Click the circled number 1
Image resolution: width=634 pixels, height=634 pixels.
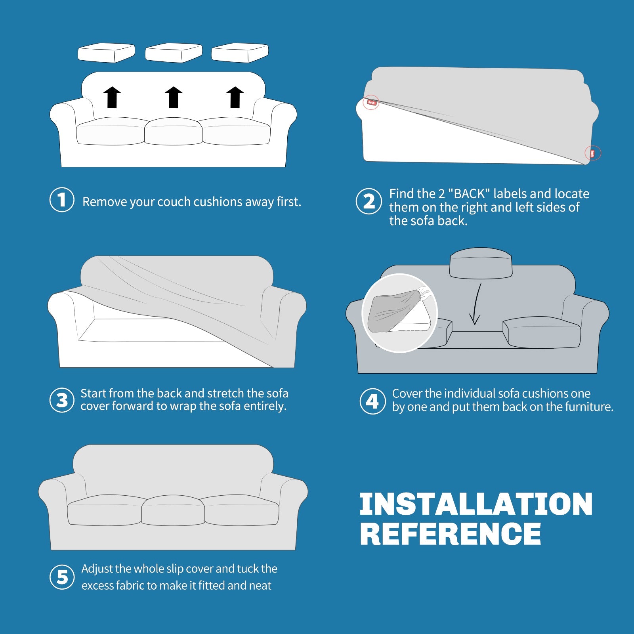[x=62, y=200]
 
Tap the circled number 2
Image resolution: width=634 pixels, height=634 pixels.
[x=369, y=201]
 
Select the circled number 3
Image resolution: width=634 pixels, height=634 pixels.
[x=62, y=400]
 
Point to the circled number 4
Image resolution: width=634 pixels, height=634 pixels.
[x=372, y=401]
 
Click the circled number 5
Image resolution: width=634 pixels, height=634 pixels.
[x=62, y=577]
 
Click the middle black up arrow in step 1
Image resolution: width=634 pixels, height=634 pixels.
[x=174, y=97]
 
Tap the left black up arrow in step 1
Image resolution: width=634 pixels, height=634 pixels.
[x=112, y=97]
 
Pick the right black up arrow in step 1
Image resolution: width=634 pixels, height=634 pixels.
[x=235, y=97]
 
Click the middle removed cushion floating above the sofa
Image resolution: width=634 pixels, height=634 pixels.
[x=174, y=53]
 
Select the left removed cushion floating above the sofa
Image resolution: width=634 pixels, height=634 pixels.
[x=106, y=53]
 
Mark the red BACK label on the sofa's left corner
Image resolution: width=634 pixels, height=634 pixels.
[x=371, y=102]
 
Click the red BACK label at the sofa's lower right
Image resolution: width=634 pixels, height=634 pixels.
[x=592, y=153]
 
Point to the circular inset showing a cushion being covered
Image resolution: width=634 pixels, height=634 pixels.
[x=400, y=313]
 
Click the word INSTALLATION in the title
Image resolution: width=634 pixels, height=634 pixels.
[x=476, y=504]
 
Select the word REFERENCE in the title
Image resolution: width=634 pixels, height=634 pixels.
[x=451, y=534]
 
